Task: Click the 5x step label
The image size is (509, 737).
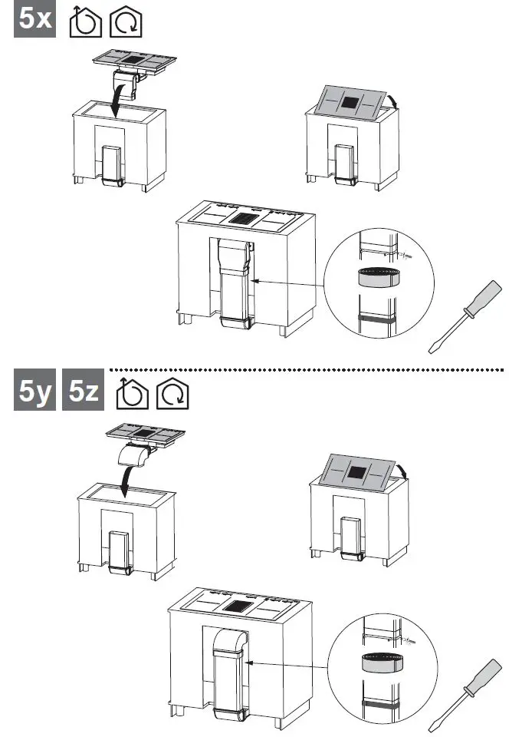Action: coord(35,20)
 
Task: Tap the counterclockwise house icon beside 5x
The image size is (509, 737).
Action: coord(84,22)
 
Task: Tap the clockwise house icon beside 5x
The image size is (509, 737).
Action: coord(126,22)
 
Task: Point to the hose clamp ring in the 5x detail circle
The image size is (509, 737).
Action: coord(376,277)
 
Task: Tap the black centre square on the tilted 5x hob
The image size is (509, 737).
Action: coord(352,102)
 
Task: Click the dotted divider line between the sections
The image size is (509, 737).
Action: coord(307,370)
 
